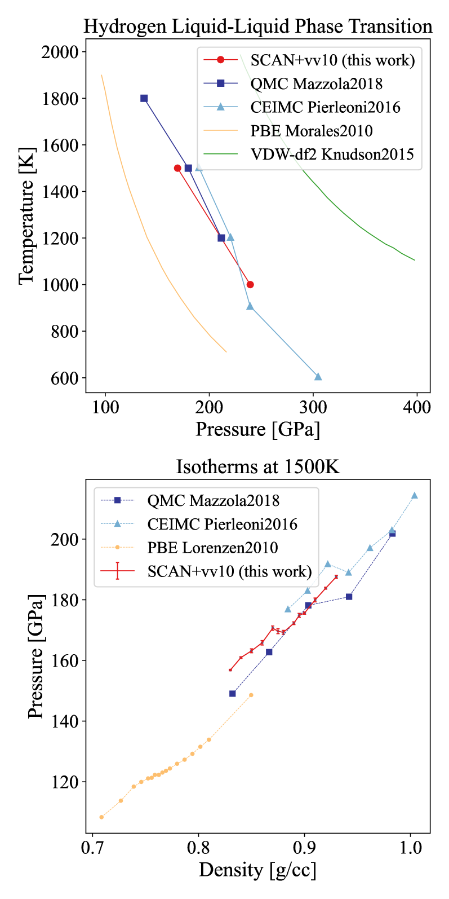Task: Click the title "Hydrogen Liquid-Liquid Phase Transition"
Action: pos(258,27)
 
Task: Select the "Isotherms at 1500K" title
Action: pos(258,467)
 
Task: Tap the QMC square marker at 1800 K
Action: pos(144,98)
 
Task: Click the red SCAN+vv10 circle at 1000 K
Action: pos(250,284)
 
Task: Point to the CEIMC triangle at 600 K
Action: pos(318,377)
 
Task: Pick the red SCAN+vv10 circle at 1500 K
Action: pos(177,168)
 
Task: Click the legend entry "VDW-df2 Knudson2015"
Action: pos(332,154)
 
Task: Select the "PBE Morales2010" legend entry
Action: pos(312,131)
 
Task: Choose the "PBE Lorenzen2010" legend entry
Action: pos(212,547)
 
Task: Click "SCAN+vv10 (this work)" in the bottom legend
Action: pos(229,571)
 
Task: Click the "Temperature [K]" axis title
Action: pos(26,214)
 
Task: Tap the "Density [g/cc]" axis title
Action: pos(257,870)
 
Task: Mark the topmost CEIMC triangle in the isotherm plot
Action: pos(415,496)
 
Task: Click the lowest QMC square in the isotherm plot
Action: pos(232,693)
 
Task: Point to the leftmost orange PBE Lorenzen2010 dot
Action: pos(101,817)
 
